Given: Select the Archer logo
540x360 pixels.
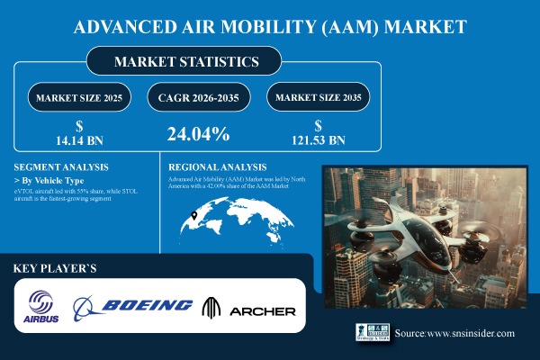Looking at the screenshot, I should click(x=251, y=308).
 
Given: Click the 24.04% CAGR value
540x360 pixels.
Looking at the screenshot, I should click(x=198, y=135).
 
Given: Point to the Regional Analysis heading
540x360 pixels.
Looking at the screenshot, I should click(x=217, y=167).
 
